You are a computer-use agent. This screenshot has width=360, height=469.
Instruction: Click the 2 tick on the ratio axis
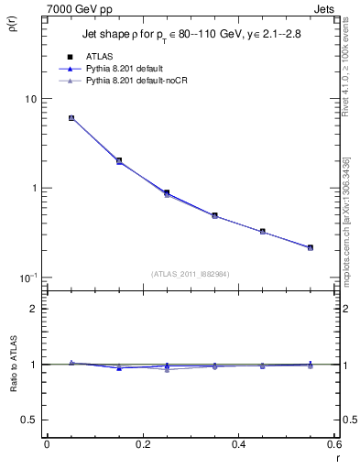point(32,309)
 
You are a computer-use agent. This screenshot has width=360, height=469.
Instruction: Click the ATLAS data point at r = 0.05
point(71,118)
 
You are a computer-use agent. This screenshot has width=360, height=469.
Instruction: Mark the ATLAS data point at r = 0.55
point(311,247)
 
